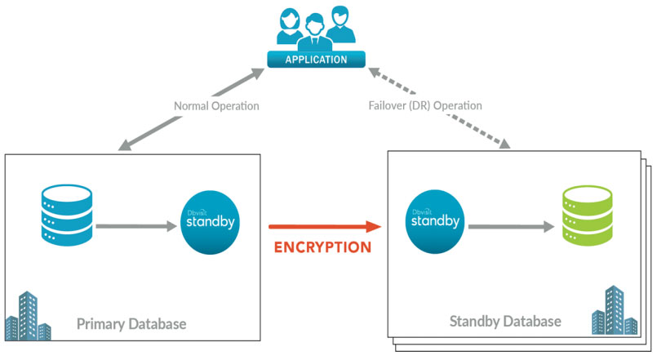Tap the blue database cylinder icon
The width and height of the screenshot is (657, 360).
click(67, 215)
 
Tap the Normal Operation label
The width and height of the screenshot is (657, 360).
click(216, 106)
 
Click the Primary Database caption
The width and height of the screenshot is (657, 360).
click(131, 324)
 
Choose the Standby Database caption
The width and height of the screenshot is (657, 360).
click(505, 321)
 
